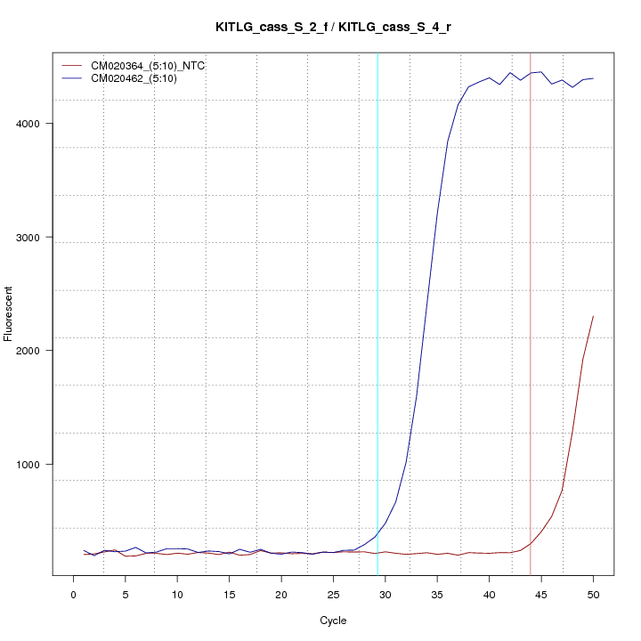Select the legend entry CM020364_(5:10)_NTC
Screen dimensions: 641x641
point(154,66)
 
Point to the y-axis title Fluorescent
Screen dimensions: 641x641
point(9,313)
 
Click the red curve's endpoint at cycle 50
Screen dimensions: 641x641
point(593,316)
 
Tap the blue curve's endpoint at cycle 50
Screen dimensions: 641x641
point(593,78)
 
